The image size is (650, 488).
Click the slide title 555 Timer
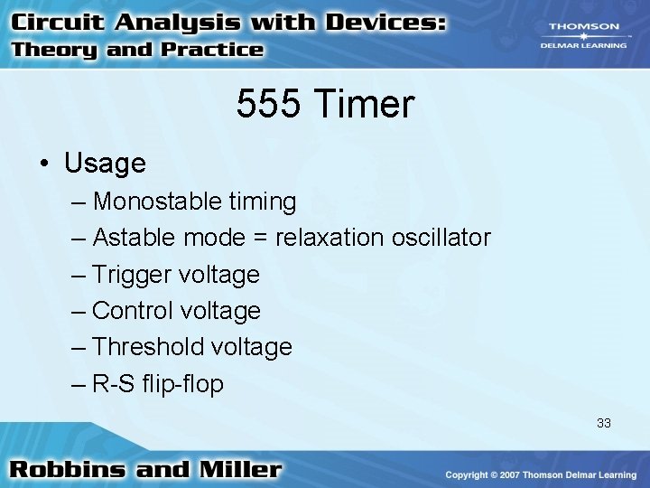pos(325,105)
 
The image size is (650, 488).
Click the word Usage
pos(105,164)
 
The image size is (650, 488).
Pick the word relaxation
pos(330,238)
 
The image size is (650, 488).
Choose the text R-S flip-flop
pos(158,384)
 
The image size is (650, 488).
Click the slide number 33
pos(603,422)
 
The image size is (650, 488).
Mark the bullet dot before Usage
pos(43,164)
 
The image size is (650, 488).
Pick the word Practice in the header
pos(211,50)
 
